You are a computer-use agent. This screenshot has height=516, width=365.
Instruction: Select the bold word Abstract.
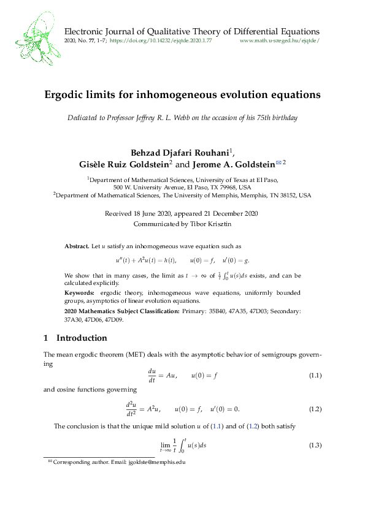pyautogui.click(x=77, y=246)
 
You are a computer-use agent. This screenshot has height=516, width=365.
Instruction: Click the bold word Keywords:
pyautogui.click(x=82, y=293)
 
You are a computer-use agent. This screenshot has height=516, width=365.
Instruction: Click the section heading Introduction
pyautogui.click(x=82, y=338)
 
